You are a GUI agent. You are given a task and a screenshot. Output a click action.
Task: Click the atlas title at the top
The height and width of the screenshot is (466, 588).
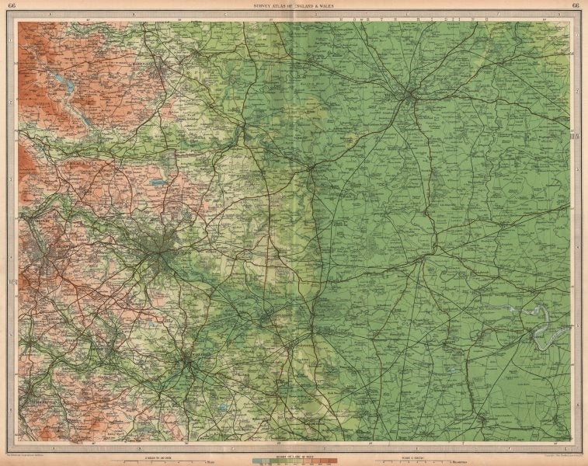pyautogui.click(x=294, y=7)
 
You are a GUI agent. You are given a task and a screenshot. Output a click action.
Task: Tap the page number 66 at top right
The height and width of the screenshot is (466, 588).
pyautogui.click(x=574, y=7)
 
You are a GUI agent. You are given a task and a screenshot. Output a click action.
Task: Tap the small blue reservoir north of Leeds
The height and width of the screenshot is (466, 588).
pyautogui.click(x=158, y=183)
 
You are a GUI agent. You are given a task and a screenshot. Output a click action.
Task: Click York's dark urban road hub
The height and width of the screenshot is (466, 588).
pyautogui.click(x=408, y=96)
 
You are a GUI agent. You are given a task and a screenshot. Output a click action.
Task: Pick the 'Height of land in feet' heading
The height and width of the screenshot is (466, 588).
pyautogui.click(x=293, y=451)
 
